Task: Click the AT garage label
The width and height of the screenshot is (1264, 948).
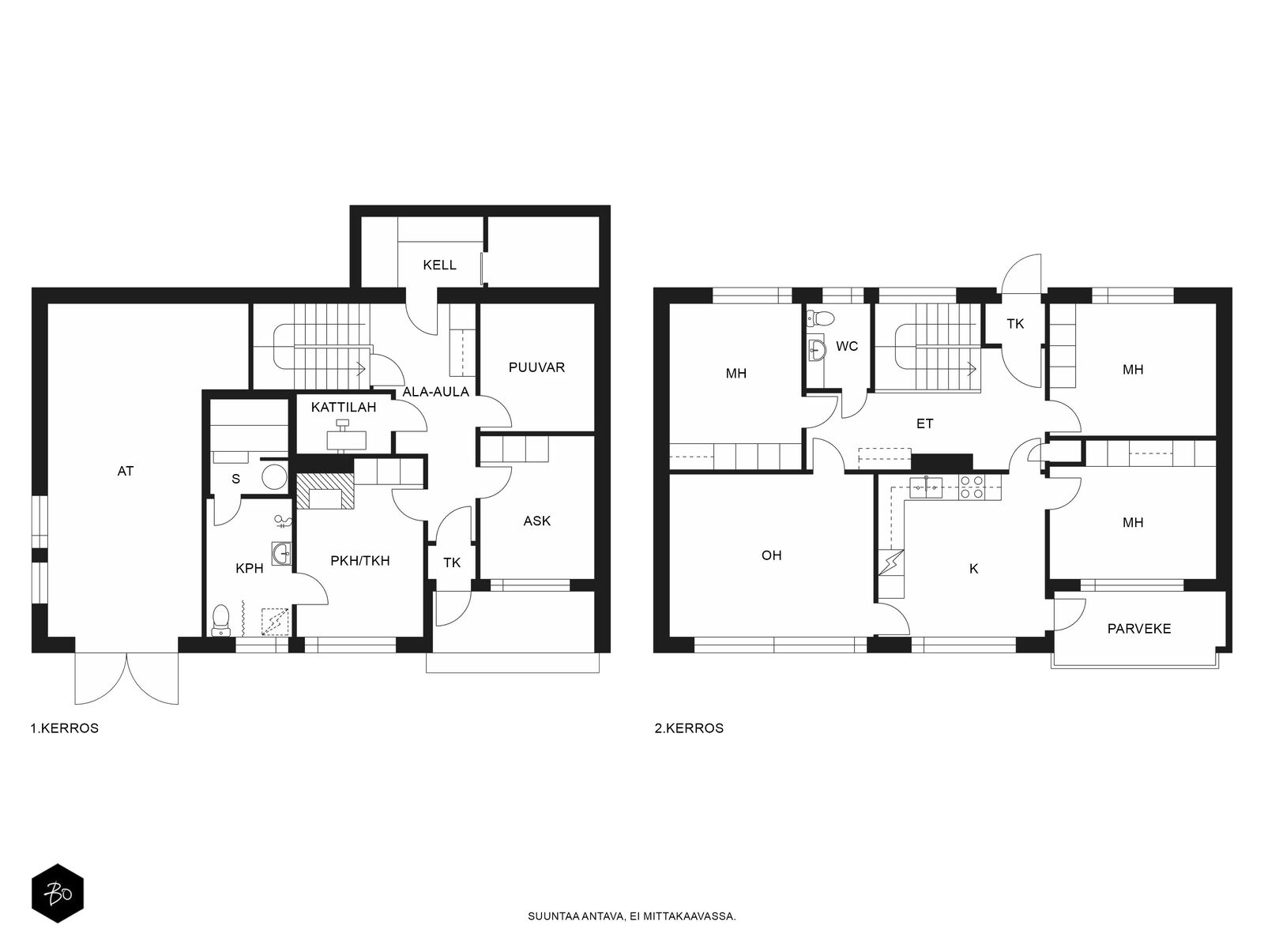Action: pos(126,472)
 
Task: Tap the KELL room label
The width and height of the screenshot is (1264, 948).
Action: pos(439,265)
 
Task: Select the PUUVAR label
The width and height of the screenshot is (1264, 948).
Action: pos(536,367)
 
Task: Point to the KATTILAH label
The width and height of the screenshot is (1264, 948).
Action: pos(343,408)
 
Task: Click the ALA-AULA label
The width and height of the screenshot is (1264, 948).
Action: pos(436,392)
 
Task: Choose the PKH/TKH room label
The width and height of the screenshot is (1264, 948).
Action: pos(360,561)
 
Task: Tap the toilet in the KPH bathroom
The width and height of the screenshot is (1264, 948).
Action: pos(220,620)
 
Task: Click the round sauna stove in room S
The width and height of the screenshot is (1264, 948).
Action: pos(274,476)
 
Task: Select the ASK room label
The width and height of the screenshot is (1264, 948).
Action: pos(536,521)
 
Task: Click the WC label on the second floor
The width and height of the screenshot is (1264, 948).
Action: pos(847,347)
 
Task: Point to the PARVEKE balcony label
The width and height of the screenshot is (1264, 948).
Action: pos(1139,629)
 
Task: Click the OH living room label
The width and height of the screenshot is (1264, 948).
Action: pos(772,555)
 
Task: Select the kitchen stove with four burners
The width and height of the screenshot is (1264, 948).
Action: pos(972,487)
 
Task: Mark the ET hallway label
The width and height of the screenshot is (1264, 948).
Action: pos(924,424)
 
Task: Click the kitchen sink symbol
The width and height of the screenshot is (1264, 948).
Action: pos(926,487)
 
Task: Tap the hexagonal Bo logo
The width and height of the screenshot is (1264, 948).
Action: pos(58,893)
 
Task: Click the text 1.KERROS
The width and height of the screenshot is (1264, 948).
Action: pos(65,728)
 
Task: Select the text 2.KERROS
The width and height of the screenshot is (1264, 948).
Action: pos(690,728)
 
